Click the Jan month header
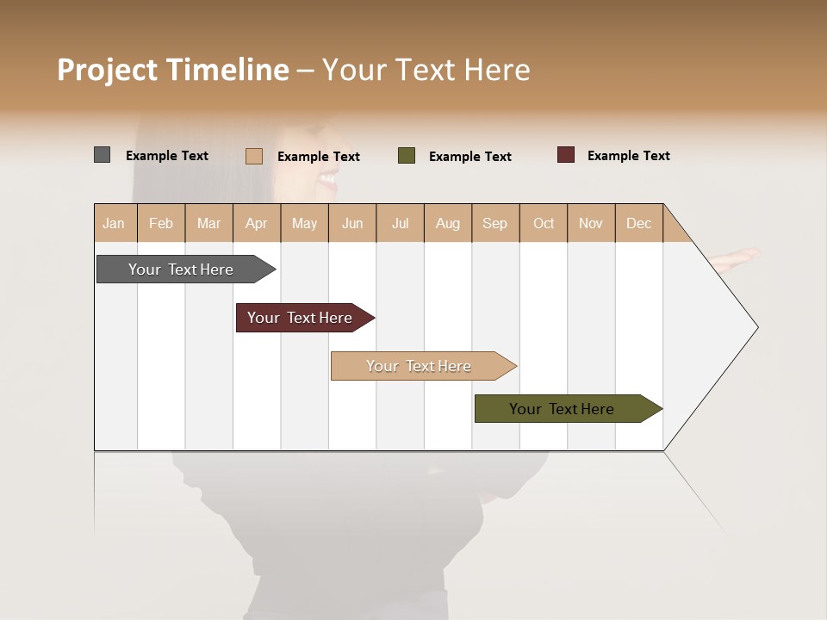tap(115, 223)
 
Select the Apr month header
tap(256, 223)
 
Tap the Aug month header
tap(447, 223)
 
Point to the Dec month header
tap(638, 223)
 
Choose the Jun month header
tap(351, 223)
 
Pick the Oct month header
tap(543, 223)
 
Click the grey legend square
tap(102, 155)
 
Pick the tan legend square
tap(253, 156)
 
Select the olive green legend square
tap(407, 156)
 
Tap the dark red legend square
tap(565, 155)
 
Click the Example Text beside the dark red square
tap(628, 156)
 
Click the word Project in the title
tap(107, 70)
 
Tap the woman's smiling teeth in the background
tap(328, 179)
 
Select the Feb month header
tap(161, 223)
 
